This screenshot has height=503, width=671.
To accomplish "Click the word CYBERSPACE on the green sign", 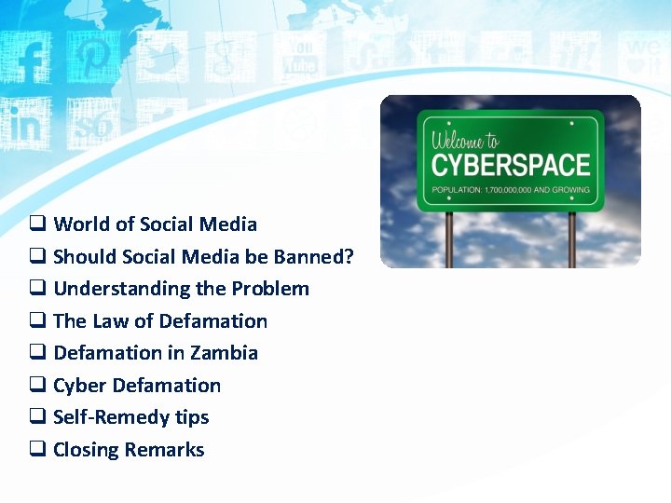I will click(x=511, y=165).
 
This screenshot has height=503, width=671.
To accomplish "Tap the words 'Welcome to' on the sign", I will click(x=465, y=142).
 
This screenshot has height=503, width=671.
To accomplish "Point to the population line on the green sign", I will click(x=511, y=190).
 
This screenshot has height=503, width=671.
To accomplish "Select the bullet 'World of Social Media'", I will click(x=155, y=224).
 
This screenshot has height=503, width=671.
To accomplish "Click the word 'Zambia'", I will click(x=224, y=353).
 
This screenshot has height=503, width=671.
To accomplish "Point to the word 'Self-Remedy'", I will click(x=105, y=417).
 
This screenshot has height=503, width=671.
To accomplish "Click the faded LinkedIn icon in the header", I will click(x=25, y=124).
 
